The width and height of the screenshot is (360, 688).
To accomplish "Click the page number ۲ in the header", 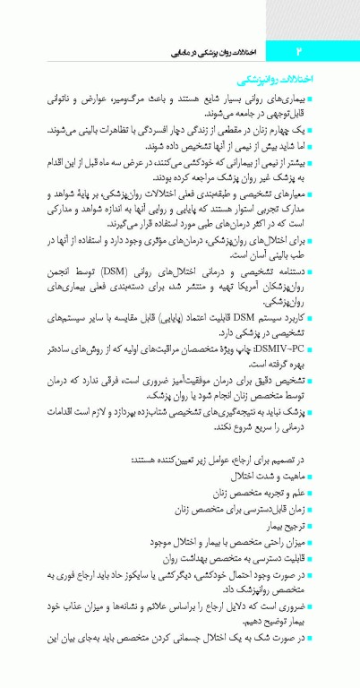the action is click(299, 54).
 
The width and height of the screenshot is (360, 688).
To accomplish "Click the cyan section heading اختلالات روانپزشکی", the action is click(305, 81).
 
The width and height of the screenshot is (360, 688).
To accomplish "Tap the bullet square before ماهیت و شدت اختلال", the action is click(333, 475).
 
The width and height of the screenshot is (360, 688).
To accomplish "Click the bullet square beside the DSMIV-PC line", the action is click(333, 341).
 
